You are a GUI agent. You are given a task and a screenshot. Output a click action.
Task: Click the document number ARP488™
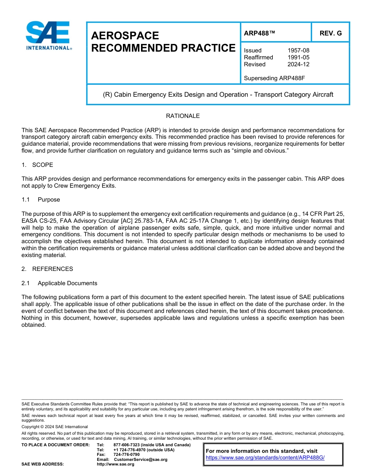coord(259,33)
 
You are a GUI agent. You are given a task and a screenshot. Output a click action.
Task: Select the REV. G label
coord(330,33)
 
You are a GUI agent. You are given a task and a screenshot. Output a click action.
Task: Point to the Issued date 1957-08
coord(298,50)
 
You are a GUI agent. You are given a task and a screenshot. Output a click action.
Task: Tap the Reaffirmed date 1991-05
coord(298,57)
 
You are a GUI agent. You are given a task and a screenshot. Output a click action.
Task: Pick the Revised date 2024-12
coord(298,64)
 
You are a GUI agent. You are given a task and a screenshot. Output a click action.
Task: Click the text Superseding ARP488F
coord(274,78)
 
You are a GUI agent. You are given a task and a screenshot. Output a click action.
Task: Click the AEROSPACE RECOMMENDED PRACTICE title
coord(163,42)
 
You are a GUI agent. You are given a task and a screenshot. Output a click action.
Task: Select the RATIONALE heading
coord(183,116)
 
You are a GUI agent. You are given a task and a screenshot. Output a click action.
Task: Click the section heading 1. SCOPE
coord(37,165)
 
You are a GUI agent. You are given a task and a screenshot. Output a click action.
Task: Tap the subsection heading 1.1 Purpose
coord(41,200)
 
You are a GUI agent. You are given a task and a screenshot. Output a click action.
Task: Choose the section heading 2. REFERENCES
coord(47,269)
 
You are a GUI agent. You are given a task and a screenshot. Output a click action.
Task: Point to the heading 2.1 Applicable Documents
coord(59,283)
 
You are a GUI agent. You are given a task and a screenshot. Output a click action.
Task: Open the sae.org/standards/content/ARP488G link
coord(265,457)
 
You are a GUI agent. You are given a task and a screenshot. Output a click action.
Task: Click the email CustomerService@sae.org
coord(141,459)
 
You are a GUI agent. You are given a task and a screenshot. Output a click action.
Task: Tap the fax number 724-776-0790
coord(126,455)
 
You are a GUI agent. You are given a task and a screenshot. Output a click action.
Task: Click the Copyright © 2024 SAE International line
coord(55,427)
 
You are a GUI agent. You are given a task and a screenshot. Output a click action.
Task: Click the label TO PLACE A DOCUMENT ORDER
coord(55,445)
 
